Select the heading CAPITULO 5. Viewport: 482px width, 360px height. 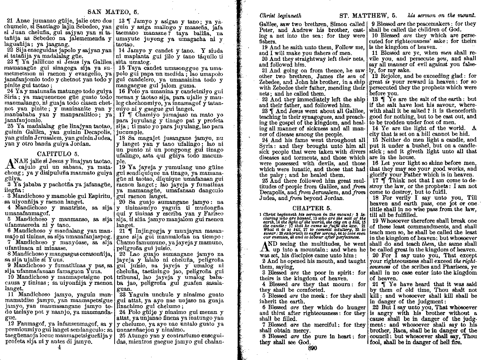[x=58, y=154]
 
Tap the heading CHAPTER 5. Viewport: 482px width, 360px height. [x=312, y=208]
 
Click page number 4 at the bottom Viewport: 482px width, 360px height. [x=59, y=347]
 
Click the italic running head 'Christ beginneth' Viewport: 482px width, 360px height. [x=280, y=15]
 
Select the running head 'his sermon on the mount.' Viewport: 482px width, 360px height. [x=442, y=15]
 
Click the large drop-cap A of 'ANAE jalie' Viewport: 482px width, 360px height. [x=11, y=163]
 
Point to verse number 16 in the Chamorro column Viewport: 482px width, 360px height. [x=122, y=91]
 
